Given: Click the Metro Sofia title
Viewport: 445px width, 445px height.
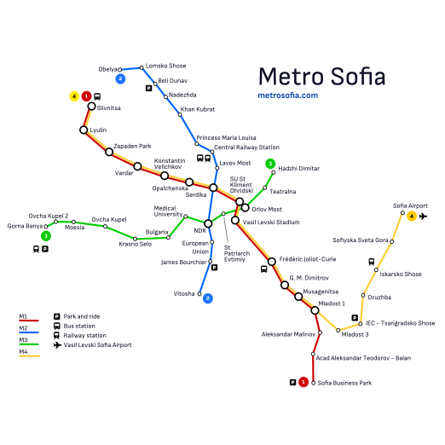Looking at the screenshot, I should click(x=321, y=75).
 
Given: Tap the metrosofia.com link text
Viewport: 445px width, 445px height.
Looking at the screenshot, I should click(x=287, y=95).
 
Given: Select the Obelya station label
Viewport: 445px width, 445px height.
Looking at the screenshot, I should click(x=108, y=69).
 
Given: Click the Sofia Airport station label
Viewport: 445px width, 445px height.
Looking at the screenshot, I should click(x=410, y=206).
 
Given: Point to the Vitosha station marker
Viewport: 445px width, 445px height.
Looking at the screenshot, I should click(x=200, y=293).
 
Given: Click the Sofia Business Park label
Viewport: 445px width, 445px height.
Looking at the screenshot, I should click(x=344, y=383).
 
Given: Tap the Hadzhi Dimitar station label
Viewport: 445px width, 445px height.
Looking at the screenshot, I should click(x=299, y=169).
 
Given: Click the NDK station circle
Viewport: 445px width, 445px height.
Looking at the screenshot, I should click(x=207, y=223).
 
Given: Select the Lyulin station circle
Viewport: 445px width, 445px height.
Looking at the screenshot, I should click(x=84, y=130).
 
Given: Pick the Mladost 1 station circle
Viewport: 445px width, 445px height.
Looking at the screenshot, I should click(x=315, y=310).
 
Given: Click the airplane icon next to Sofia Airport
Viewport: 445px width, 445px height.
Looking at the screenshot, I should click(x=423, y=217).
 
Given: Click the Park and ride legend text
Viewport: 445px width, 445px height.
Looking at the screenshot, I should click(x=82, y=316).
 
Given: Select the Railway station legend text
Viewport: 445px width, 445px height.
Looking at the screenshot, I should click(x=85, y=335).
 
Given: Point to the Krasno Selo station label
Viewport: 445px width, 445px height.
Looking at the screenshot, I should click(x=135, y=245).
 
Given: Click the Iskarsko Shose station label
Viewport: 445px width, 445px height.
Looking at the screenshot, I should click(x=401, y=275).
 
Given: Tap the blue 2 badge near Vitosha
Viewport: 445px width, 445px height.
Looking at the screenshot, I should click(x=207, y=298).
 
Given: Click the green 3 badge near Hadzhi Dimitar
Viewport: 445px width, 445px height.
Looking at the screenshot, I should click(x=270, y=164).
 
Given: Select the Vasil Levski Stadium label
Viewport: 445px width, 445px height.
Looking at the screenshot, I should click(x=271, y=222).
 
